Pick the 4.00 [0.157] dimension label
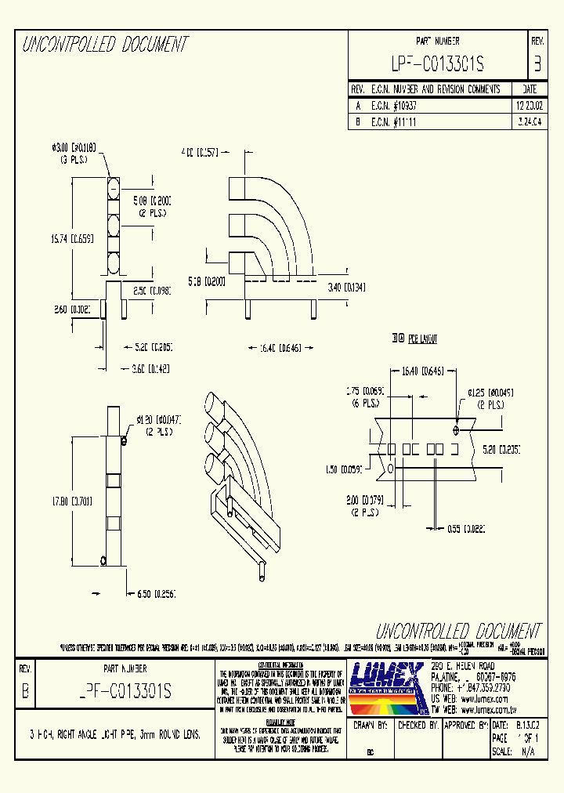199,151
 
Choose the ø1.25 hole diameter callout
490,391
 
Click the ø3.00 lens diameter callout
74,147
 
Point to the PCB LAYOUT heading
414,339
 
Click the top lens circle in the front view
113,188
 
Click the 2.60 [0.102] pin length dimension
73,310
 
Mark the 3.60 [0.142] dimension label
151,368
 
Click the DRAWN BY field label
371,726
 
